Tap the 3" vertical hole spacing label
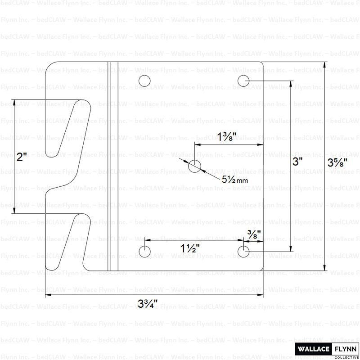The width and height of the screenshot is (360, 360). pos(297,162)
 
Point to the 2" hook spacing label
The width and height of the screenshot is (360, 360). pos(22,157)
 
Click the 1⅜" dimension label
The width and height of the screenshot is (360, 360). pos(227,136)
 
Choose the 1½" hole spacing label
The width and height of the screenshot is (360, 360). pos(190,248)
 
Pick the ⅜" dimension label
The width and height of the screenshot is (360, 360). pos(254,233)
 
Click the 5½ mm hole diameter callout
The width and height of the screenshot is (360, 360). pos(235,179)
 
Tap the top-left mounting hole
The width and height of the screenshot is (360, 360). pos(144,81)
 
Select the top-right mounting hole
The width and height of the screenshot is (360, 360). pos(243,81)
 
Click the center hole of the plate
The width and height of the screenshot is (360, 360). pos(194,166)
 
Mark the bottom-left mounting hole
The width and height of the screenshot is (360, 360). pos(144,251)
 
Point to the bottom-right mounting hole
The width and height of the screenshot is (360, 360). pos(243,251)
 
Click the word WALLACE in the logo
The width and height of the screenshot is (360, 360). pos(313,348)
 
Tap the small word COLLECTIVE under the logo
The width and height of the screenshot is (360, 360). pos(346,357)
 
